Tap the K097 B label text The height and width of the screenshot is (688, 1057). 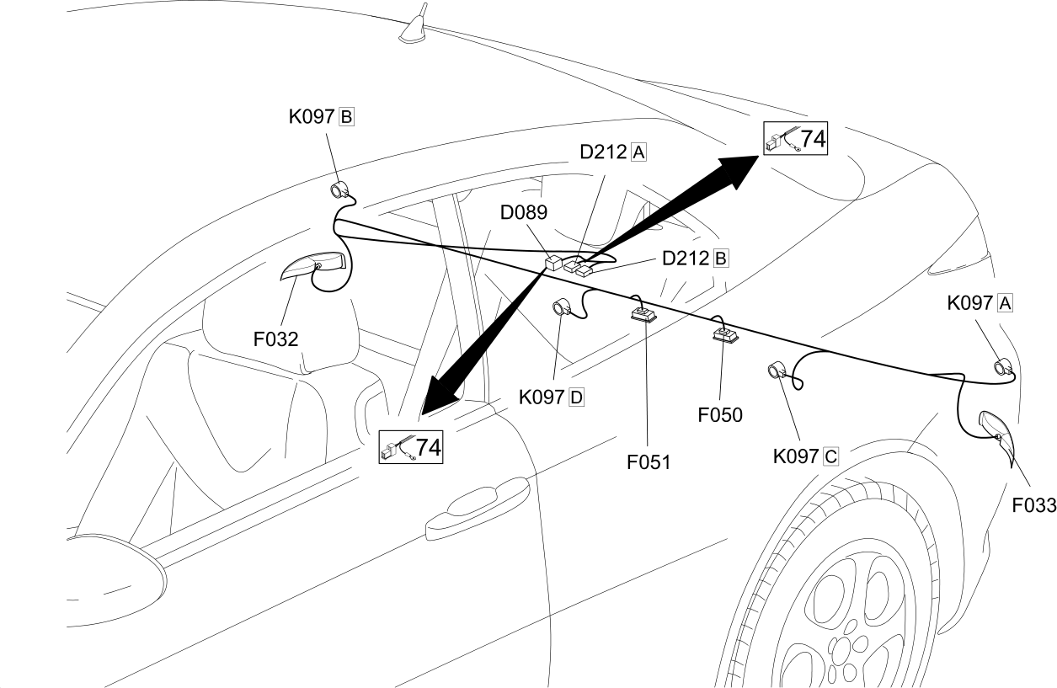tap(321, 116)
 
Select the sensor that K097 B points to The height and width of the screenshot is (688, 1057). tap(339, 190)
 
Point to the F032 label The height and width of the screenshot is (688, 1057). tap(275, 339)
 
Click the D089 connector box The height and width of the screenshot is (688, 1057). tap(553, 263)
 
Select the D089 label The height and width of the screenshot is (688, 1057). tap(523, 212)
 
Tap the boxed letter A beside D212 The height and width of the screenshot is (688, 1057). tap(638, 153)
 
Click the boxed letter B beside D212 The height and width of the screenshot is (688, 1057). tap(721, 259)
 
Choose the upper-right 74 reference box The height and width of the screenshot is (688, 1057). tap(795, 138)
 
